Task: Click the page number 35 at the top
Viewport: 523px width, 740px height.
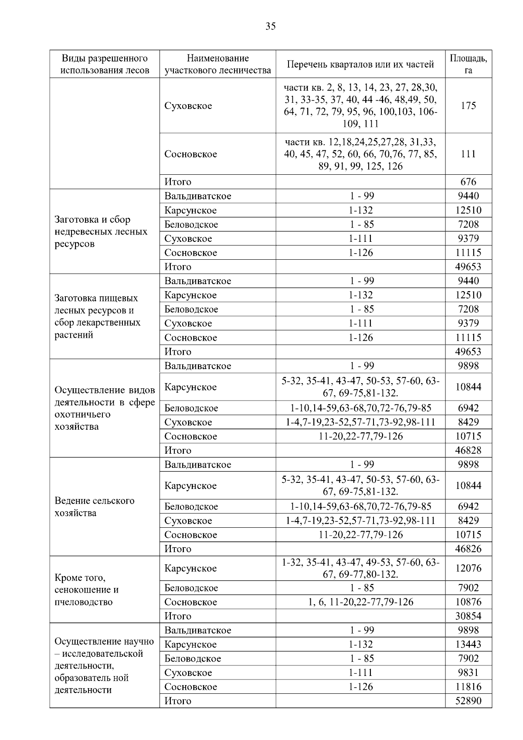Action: click(270, 27)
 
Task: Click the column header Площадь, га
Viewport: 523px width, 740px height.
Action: click(468, 64)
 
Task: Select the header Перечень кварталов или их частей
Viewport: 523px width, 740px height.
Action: click(360, 64)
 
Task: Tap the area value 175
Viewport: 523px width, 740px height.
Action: click(468, 106)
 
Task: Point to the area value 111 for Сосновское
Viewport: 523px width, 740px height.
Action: click(468, 154)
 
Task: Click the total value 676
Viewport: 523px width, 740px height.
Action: click(468, 182)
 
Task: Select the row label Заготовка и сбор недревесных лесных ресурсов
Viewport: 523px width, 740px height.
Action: click(101, 231)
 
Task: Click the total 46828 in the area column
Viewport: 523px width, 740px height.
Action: click(468, 450)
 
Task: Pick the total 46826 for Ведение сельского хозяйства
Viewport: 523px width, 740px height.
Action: click(468, 549)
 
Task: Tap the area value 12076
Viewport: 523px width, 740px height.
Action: click(468, 568)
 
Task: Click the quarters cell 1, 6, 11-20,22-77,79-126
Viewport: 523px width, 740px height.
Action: click(360, 602)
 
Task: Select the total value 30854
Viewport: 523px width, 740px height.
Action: click(468, 616)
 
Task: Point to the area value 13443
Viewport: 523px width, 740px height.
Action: click(468, 644)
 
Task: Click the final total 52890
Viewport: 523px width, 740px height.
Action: click(468, 701)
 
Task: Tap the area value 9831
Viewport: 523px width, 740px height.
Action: click(468, 672)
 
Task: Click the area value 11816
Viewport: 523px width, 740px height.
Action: click(468, 687)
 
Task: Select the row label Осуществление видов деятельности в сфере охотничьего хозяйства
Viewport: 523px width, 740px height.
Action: click(105, 408)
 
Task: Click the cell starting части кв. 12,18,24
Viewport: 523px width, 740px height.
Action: click(360, 154)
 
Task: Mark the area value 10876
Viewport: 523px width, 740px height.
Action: click(468, 602)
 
